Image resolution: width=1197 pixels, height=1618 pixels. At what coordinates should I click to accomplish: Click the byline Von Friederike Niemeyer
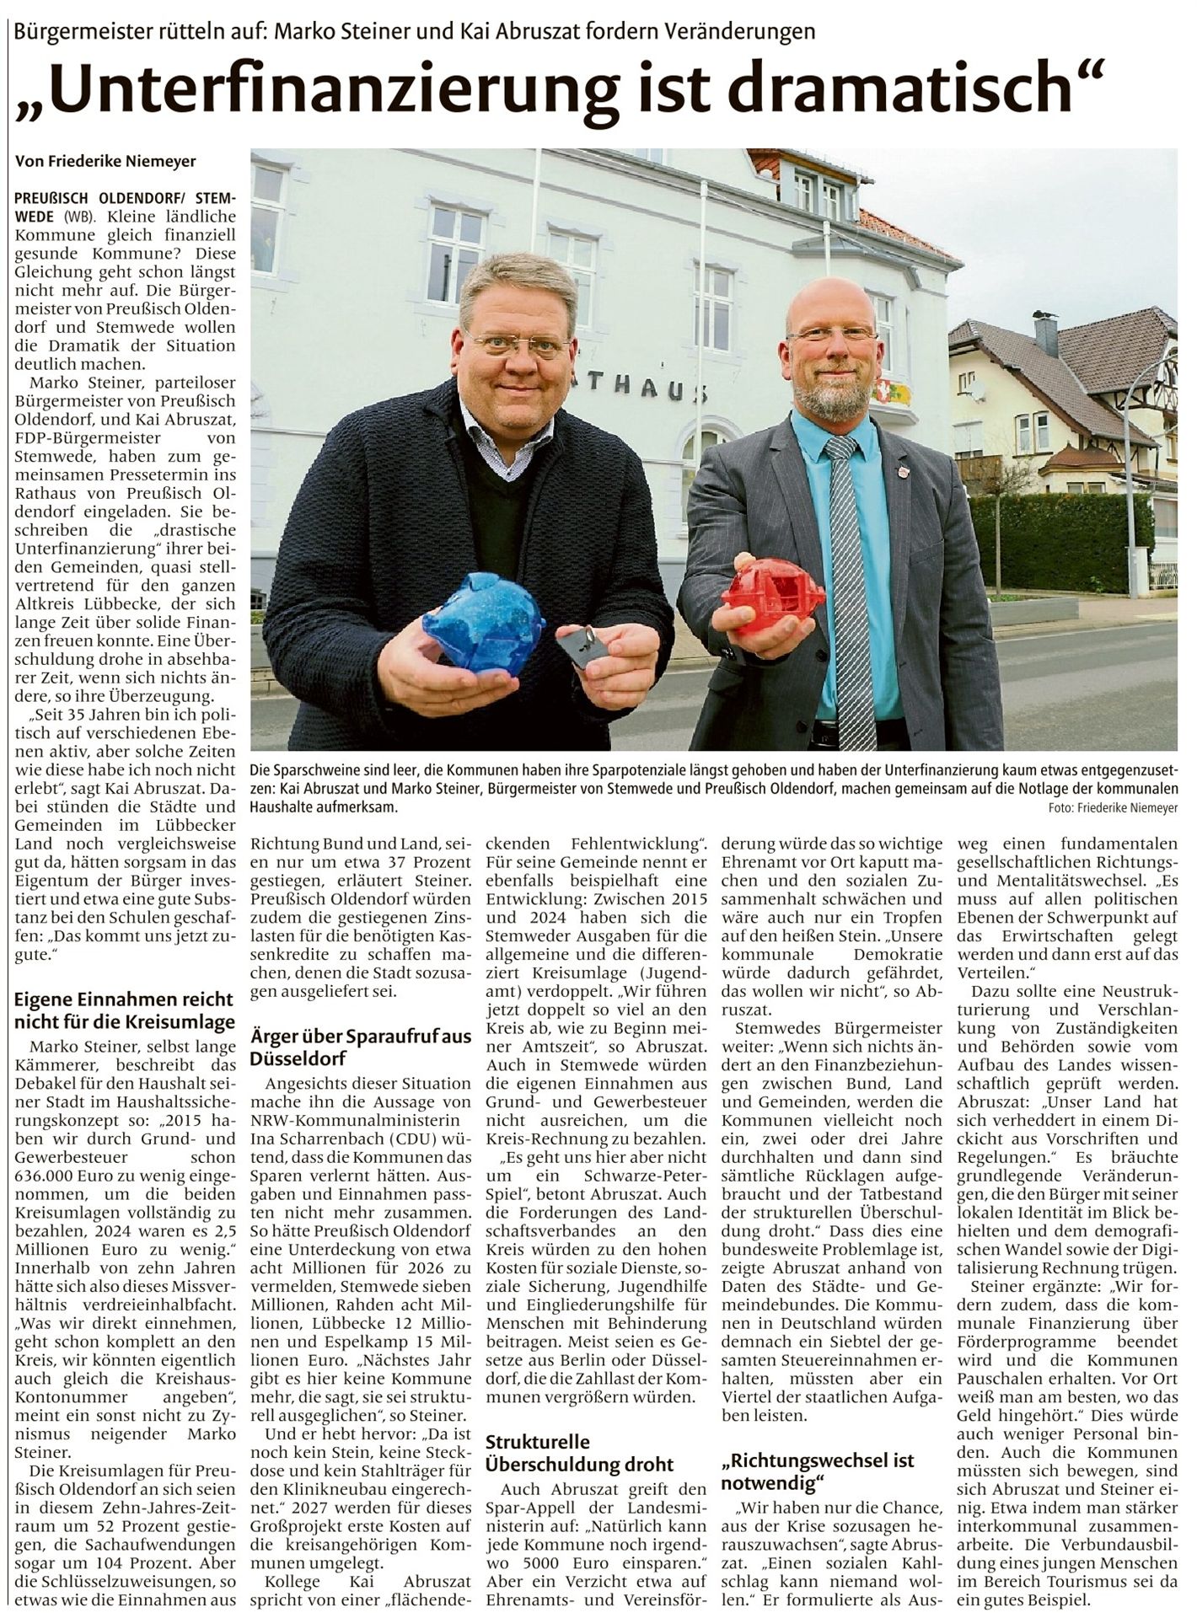point(105,161)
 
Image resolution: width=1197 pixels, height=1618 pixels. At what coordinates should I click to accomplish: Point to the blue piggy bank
point(483,622)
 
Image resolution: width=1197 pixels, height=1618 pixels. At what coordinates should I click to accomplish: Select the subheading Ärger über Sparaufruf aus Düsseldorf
point(360,1047)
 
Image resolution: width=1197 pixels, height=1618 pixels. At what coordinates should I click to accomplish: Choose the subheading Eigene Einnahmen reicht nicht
point(124,1010)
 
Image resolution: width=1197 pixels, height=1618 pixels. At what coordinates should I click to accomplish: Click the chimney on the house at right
point(1045,334)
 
